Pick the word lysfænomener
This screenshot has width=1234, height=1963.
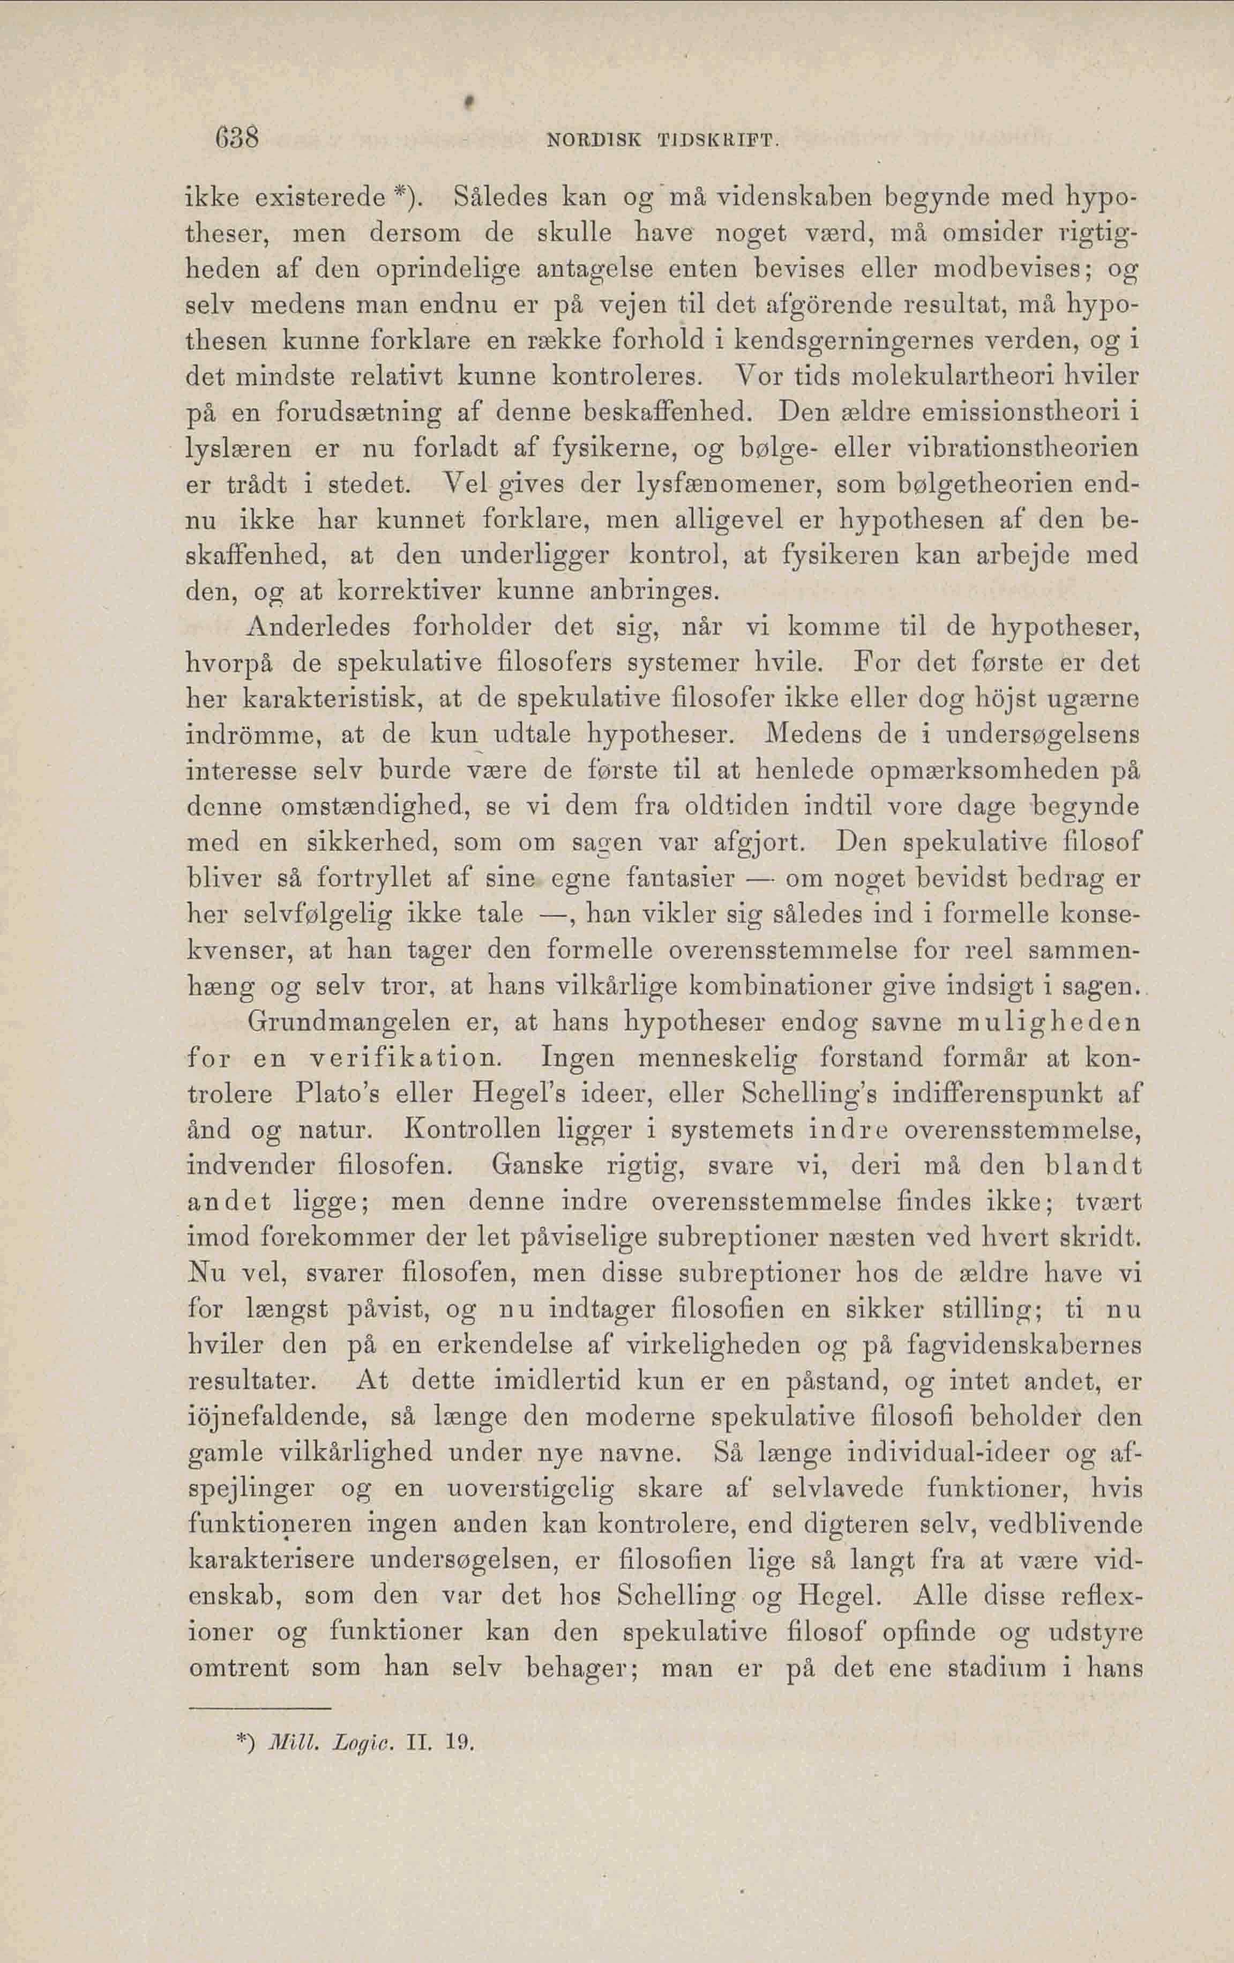[x=735, y=484]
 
